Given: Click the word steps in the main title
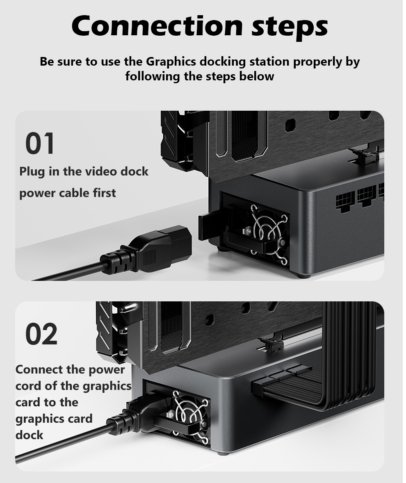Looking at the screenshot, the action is coord(290,28).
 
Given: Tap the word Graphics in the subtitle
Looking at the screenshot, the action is coord(171,62).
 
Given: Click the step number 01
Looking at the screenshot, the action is coord(40,144).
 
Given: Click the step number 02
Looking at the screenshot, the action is coord(41,334).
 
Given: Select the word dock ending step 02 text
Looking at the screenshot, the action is coord(29,435).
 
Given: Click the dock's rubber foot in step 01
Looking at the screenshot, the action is coord(303,275).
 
